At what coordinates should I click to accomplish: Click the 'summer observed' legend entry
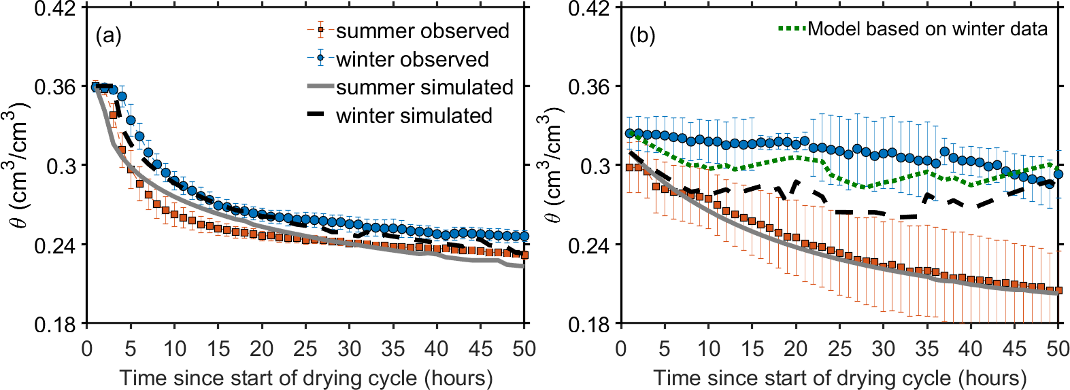(422, 31)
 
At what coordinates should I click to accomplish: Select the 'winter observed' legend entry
(412, 60)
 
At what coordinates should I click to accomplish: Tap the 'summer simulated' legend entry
(424, 88)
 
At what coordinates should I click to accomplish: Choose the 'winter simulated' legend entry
(414, 116)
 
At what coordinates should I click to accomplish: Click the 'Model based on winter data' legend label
(927, 29)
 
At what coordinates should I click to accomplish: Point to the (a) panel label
(108, 35)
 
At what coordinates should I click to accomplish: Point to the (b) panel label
(642, 35)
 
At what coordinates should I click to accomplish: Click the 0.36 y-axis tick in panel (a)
(55, 87)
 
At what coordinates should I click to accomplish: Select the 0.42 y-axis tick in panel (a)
(55, 9)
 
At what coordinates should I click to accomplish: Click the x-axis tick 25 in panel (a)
(305, 349)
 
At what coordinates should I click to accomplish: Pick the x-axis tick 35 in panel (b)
(927, 349)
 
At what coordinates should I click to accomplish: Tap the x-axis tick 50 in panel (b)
(1058, 349)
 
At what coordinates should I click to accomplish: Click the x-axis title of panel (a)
(305, 377)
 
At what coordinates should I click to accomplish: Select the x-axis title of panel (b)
(839, 377)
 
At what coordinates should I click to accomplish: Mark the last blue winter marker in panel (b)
(1058, 175)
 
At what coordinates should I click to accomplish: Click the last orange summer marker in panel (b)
(1058, 291)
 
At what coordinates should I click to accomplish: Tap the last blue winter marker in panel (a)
(524, 236)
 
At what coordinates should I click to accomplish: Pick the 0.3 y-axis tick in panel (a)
(61, 166)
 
